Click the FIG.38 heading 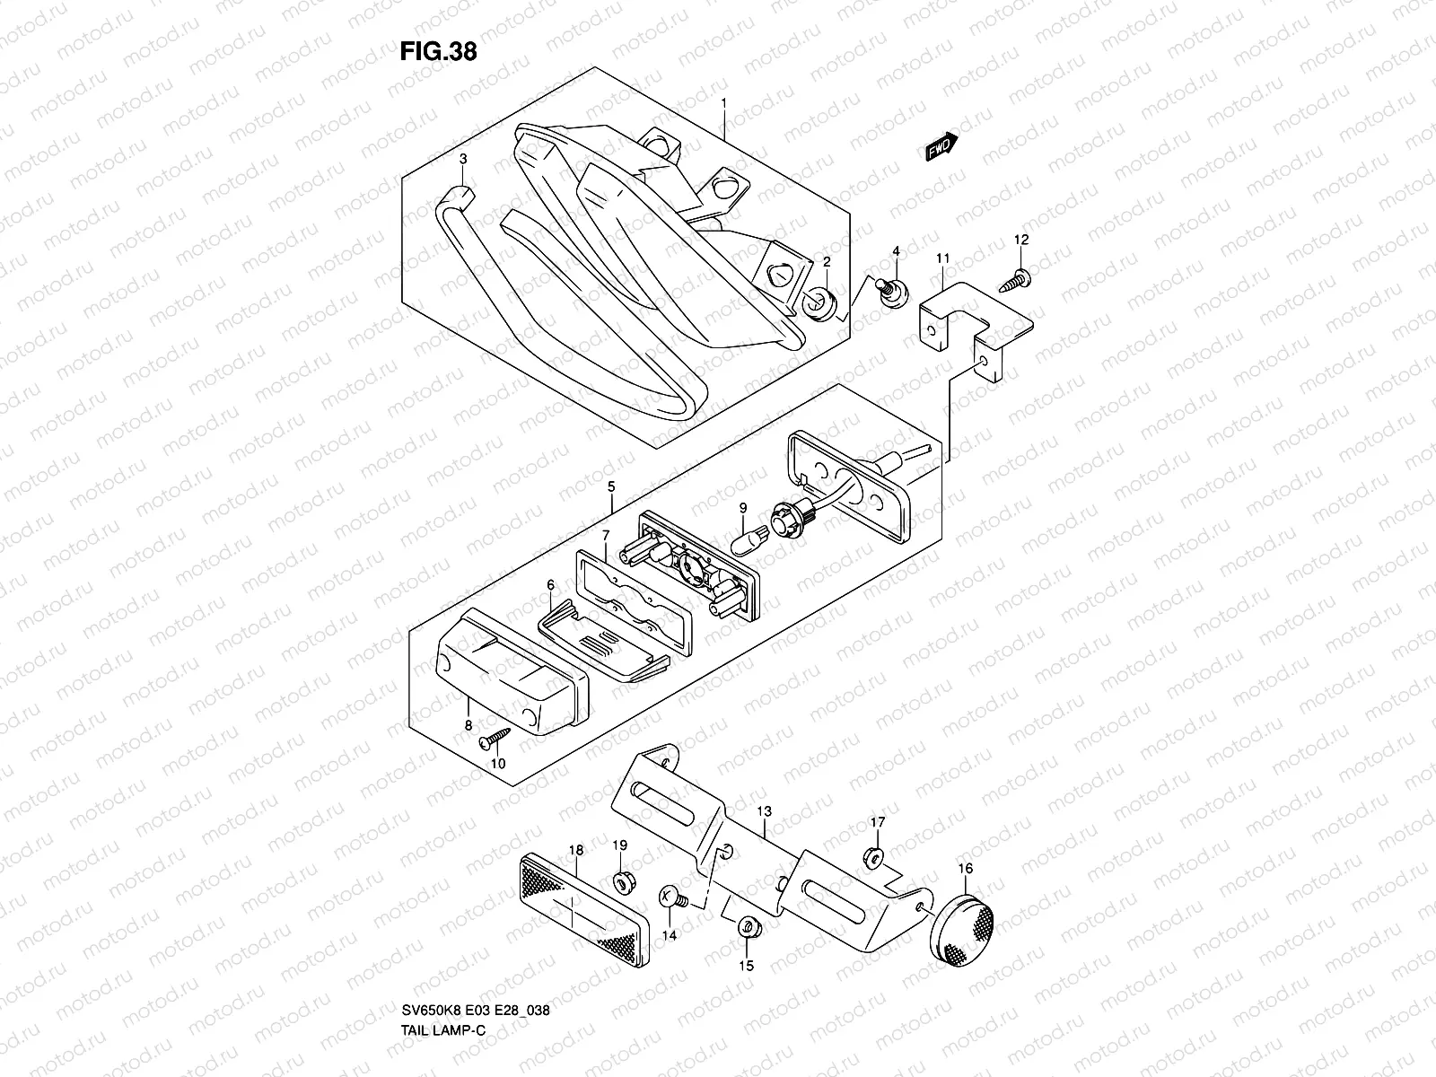coord(438,52)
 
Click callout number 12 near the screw coord(1021,240)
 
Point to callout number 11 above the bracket coord(942,258)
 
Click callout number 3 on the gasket coord(463,159)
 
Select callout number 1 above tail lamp coord(723,104)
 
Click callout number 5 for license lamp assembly coord(610,486)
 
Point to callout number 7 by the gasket coord(606,536)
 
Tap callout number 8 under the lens coord(468,724)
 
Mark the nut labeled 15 coord(747,929)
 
